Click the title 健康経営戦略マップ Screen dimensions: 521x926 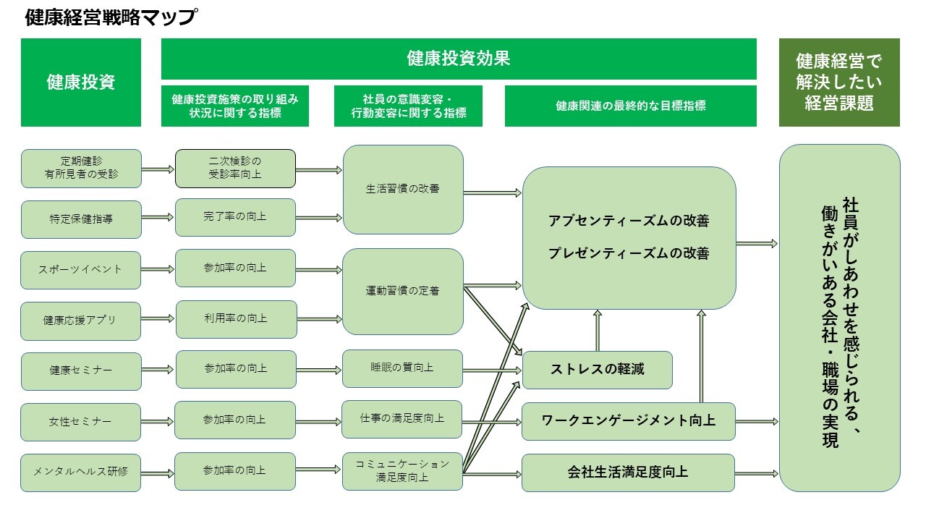pos(110,17)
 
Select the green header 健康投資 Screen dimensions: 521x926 pos(81,82)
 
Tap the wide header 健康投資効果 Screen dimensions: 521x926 pos(459,59)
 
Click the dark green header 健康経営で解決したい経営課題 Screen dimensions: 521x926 pos(839,82)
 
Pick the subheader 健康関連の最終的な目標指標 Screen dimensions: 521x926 pos(630,106)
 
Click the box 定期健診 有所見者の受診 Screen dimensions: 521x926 pos(81,168)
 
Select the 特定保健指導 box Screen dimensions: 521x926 pos(81,219)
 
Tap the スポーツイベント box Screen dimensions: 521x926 pos(81,270)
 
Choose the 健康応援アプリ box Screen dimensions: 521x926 pos(81,321)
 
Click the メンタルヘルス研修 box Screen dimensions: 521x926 pos(81,472)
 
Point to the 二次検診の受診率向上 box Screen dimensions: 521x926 pos(235,168)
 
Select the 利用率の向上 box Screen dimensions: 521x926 pos(236,319)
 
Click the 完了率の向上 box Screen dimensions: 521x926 pos(235,217)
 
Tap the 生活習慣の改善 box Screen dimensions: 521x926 pos(403,190)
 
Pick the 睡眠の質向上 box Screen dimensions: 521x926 pos(402,368)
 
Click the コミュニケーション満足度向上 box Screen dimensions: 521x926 pos(402,470)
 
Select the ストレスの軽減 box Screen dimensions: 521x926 pos(597,370)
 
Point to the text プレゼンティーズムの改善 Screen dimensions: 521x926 pos(628,254)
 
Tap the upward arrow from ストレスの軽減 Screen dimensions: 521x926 pos(598,330)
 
